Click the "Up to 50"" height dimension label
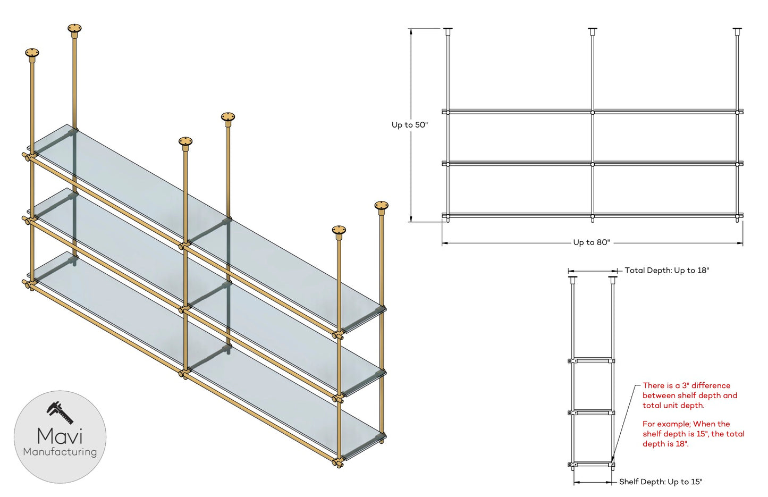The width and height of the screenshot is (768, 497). pyautogui.click(x=410, y=125)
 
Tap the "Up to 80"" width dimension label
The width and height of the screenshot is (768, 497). pyautogui.click(x=592, y=242)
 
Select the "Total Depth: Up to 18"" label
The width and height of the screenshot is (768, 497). pyautogui.click(x=667, y=270)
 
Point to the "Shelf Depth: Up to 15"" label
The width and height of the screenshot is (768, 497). pyautogui.click(x=661, y=482)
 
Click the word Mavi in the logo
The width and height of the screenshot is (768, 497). pyautogui.click(x=60, y=436)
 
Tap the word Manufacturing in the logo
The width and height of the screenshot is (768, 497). pyautogui.click(x=60, y=452)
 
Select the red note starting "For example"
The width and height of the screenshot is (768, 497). pyautogui.click(x=693, y=434)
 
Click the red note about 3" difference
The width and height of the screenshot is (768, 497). pyautogui.click(x=690, y=395)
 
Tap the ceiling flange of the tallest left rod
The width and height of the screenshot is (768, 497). pyautogui.click(x=74, y=29)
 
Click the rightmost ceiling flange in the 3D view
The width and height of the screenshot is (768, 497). pyautogui.click(x=381, y=206)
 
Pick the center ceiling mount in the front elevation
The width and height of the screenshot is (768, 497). pyautogui.click(x=593, y=31)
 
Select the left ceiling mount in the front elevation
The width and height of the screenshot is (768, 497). pyautogui.click(x=448, y=31)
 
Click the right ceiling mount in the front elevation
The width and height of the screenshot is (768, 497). pyautogui.click(x=737, y=31)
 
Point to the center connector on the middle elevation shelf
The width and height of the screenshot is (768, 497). pyautogui.click(x=593, y=165)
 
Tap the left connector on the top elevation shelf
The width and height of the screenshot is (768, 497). pyautogui.click(x=448, y=113)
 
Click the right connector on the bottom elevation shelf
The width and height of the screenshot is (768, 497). pyautogui.click(x=737, y=216)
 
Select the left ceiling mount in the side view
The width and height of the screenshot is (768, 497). pyautogui.click(x=572, y=280)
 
